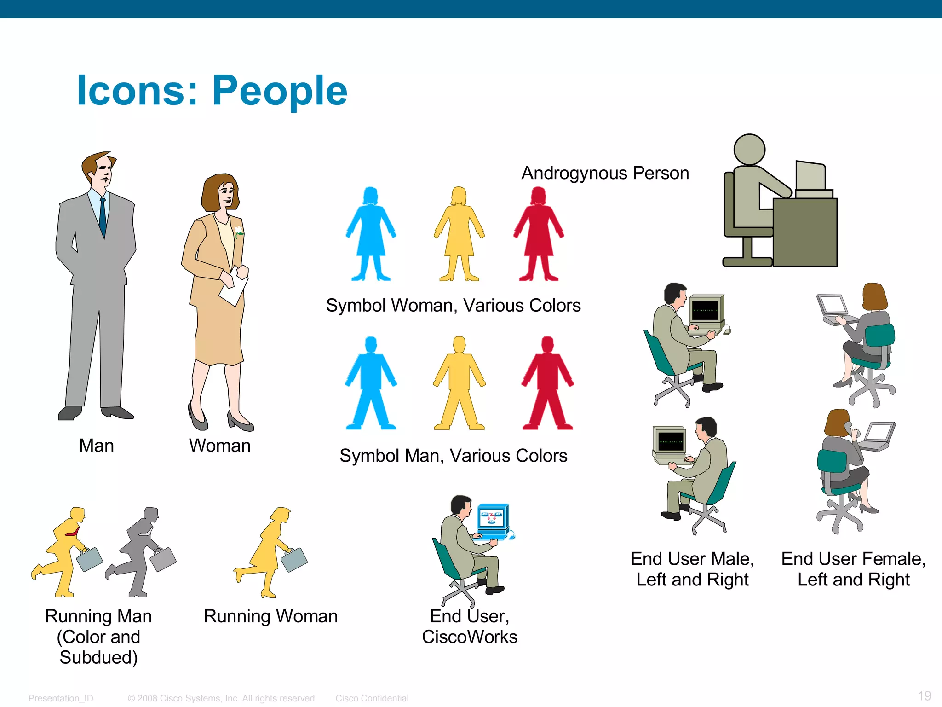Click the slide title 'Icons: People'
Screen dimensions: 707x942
tap(212, 91)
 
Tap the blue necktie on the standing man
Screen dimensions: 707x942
tap(103, 216)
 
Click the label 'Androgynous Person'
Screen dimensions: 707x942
tap(605, 174)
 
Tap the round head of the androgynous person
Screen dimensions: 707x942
tap(749, 150)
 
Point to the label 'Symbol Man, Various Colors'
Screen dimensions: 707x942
tap(453, 456)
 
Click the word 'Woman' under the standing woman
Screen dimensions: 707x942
tap(220, 446)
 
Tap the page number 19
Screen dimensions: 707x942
tap(924, 695)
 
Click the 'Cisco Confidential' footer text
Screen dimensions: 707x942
tap(372, 698)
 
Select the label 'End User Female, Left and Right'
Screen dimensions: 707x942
tap(853, 569)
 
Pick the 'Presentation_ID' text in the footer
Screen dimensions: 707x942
tap(61, 698)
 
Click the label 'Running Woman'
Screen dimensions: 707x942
tap(270, 616)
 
